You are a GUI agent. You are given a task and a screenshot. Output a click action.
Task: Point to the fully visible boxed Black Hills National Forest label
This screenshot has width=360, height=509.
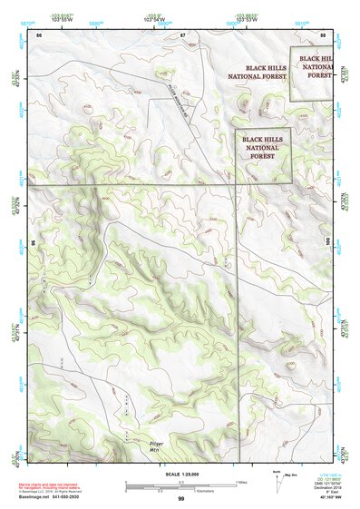click(263, 145)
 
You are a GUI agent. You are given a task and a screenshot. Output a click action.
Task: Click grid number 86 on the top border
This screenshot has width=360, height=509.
click(39, 34)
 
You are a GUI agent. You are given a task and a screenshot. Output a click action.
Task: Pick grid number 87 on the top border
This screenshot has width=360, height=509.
click(182, 34)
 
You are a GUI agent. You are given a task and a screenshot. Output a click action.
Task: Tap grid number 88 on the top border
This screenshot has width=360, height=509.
click(323, 34)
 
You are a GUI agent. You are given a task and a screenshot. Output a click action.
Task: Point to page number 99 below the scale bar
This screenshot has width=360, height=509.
click(180, 499)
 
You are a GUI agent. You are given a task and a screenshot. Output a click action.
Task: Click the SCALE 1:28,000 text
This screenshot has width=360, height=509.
click(180, 475)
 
